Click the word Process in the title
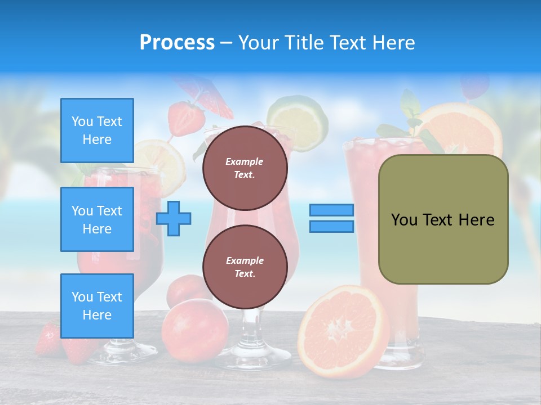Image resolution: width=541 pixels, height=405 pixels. tap(177, 43)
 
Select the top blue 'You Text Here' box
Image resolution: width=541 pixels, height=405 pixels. tap(97, 130)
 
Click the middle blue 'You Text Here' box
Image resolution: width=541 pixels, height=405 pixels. tap(97, 219)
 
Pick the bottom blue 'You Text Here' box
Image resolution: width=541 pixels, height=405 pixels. tap(97, 306)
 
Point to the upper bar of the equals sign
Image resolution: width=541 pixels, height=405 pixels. tap(332, 210)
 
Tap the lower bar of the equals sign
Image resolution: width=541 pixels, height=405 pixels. tap(332, 226)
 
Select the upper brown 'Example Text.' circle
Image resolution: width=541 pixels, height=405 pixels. tap(245, 168)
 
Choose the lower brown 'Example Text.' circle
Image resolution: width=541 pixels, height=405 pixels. tap(245, 267)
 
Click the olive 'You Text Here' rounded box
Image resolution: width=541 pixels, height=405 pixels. tap(444, 219)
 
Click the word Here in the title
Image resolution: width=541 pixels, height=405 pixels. tap(392, 43)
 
